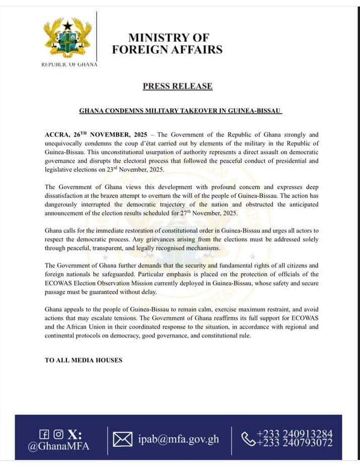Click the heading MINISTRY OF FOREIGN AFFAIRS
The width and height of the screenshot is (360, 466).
167,43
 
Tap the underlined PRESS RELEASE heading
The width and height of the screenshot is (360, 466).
177,86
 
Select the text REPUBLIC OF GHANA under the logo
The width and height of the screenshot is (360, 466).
69,64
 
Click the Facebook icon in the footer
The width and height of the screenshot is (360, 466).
44,434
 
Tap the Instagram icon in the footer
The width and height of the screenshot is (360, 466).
58,434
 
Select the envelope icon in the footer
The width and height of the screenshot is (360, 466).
122,439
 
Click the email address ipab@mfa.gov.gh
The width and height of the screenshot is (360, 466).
179,439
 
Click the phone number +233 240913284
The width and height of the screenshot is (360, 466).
295,434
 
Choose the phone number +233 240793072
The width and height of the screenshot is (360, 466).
295,443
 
